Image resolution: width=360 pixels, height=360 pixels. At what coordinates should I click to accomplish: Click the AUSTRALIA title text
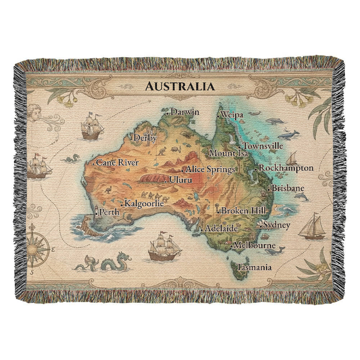(x=179, y=86)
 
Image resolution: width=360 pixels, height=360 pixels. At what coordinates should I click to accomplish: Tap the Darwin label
(x=185, y=112)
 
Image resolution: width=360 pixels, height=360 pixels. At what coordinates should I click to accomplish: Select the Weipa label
(x=232, y=115)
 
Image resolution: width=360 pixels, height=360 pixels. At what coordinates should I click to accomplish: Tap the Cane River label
(x=117, y=163)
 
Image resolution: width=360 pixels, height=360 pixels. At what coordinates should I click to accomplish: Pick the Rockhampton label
(x=286, y=168)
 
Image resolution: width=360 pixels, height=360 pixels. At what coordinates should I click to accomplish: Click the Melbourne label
(x=255, y=246)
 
